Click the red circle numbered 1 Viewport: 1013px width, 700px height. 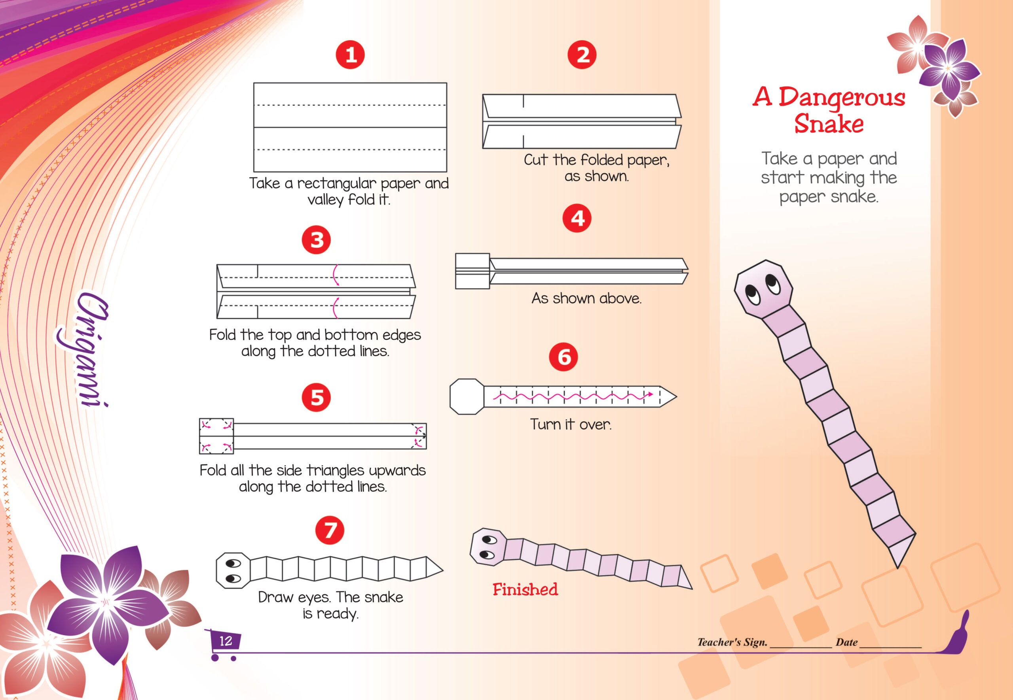click(x=350, y=55)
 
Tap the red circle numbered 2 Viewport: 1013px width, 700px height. click(x=581, y=55)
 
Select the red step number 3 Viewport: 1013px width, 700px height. click(x=316, y=240)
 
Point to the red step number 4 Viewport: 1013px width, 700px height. click(x=577, y=218)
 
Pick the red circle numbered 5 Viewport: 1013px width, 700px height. click(x=316, y=397)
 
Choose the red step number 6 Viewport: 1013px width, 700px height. click(x=563, y=357)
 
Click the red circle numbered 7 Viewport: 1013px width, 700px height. click(x=330, y=530)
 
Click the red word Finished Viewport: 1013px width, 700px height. click(x=525, y=589)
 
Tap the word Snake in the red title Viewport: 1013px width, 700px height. click(x=829, y=124)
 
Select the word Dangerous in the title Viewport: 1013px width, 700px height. click(x=841, y=97)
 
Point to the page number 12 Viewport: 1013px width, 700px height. click(x=225, y=641)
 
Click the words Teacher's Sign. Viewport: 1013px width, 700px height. click(x=732, y=643)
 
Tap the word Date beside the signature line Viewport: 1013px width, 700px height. click(x=846, y=643)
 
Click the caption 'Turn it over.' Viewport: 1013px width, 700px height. click(x=570, y=425)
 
